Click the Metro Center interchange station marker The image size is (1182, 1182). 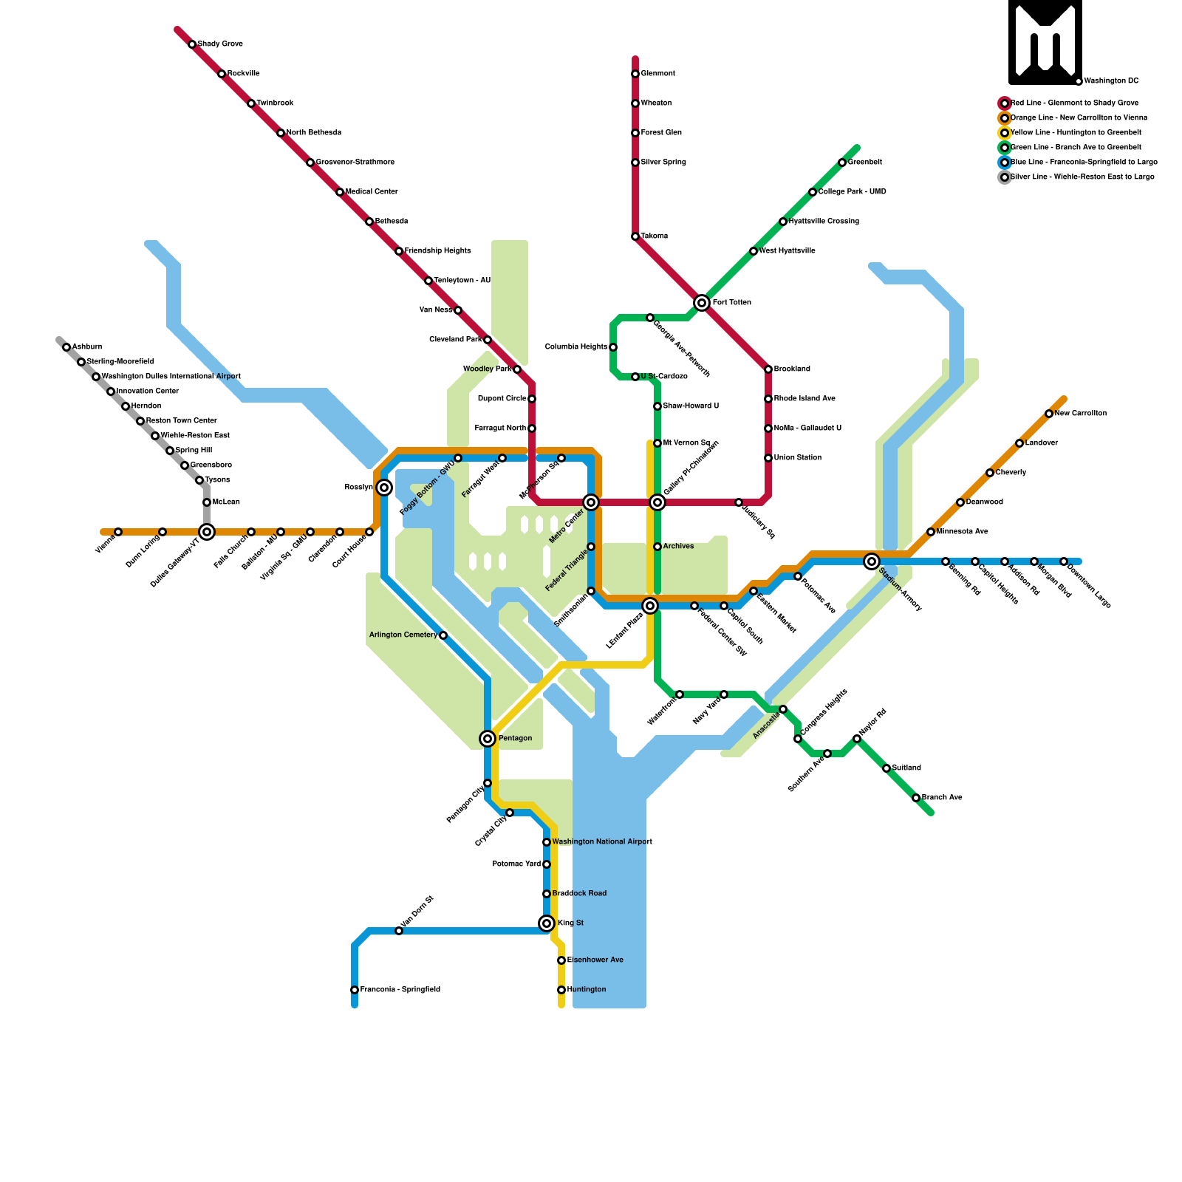[591, 502]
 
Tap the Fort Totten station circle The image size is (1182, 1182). [702, 303]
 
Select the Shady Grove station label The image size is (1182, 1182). [220, 44]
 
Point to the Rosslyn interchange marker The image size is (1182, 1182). [384, 488]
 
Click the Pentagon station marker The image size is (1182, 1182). [488, 739]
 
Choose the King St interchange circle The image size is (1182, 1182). [547, 923]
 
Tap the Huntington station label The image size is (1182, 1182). [587, 990]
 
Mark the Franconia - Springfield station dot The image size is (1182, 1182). [355, 990]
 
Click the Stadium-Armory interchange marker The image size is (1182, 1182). [872, 561]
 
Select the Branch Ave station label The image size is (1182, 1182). [942, 798]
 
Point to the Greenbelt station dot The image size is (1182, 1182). [842, 163]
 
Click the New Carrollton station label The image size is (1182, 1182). [1081, 414]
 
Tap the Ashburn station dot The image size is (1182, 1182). [66, 347]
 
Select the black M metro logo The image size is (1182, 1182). [1045, 42]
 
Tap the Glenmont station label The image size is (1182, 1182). [657, 74]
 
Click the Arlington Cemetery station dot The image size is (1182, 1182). [443, 635]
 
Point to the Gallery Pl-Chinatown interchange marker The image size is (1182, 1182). [657, 502]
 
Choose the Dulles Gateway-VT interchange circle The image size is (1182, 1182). [207, 532]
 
